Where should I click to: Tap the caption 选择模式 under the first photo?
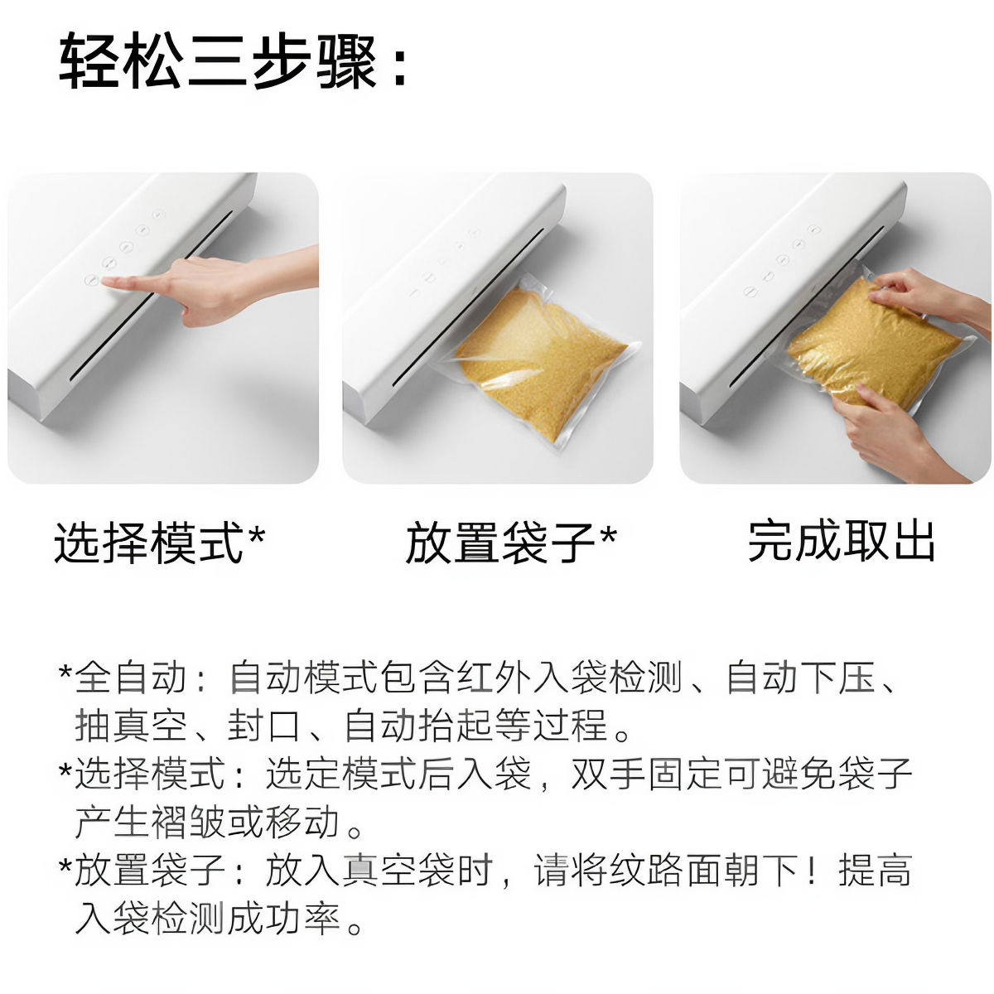[x=149, y=543]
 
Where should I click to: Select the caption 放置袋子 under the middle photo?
[x=500, y=543]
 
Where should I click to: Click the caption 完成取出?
[x=842, y=542]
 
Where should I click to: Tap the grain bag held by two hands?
[x=870, y=348]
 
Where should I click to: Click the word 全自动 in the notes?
[x=132, y=678]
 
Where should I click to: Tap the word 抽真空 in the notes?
[x=132, y=726]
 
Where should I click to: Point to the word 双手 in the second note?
[x=609, y=774]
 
